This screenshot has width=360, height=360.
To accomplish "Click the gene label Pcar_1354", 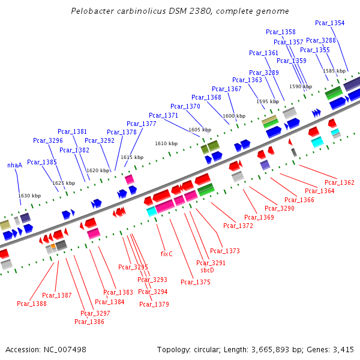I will click(330, 23).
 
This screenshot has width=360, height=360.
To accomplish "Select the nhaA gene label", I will click(14, 165).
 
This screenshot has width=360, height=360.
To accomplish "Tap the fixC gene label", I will click(166, 254).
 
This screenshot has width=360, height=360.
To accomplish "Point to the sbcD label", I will click(207, 270).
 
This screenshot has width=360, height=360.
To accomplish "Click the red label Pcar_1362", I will click(340, 182).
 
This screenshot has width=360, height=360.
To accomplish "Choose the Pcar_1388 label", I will click(32, 304).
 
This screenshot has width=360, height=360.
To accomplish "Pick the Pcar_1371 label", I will click(163, 115).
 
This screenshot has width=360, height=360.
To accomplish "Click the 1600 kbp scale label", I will click(234, 116).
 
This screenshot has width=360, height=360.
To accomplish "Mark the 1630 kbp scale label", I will click(29, 196).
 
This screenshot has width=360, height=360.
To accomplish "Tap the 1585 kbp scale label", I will click(334, 71).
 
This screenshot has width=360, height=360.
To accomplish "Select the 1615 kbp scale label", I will click(132, 157).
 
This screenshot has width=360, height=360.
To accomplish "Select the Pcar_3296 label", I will click(48, 140).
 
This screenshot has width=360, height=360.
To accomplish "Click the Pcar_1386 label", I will click(89, 322).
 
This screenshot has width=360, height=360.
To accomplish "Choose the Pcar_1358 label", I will click(281, 32).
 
